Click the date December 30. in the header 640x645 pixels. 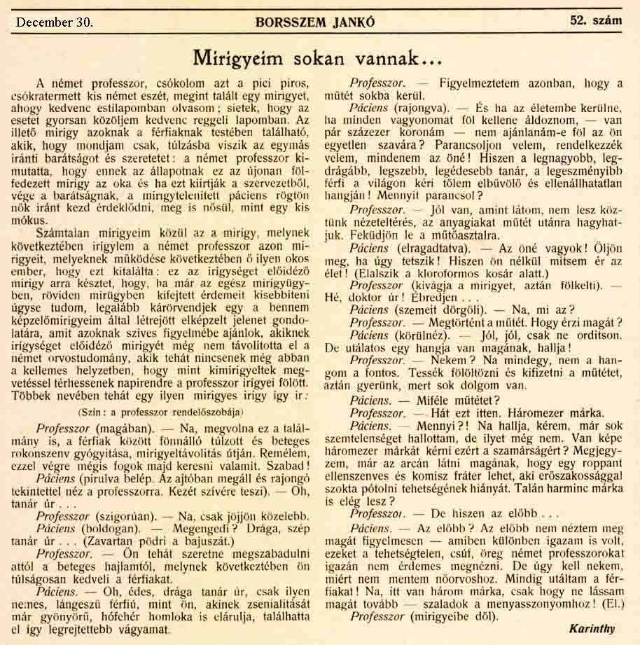coord(54,22)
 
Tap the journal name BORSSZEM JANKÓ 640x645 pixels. coord(325,22)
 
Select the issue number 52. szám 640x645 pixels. coord(596,20)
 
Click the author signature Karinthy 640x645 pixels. coord(592,628)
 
